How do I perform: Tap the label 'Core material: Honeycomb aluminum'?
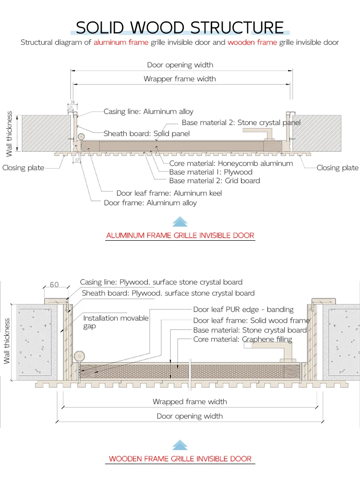(231, 163)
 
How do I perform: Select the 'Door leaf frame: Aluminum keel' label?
(169, 193)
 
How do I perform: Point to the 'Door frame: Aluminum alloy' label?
(150, 203)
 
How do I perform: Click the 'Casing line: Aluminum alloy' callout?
(148, 111)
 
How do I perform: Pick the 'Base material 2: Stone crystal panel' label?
(241, 123)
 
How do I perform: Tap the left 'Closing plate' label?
(23, 168)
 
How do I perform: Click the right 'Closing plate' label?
(337, 168)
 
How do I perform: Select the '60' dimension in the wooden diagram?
(54, 284)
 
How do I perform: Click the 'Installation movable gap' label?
(116, 322)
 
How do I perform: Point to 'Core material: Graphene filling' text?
(242, 339)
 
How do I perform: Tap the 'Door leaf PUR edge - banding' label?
(243, 309)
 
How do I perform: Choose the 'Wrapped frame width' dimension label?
(190, 402)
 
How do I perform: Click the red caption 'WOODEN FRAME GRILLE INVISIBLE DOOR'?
(180, 458)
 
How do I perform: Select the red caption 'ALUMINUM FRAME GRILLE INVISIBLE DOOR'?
(180, 235)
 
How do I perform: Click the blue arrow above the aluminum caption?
(180, 222)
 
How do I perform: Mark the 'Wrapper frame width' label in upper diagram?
(180, 79)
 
